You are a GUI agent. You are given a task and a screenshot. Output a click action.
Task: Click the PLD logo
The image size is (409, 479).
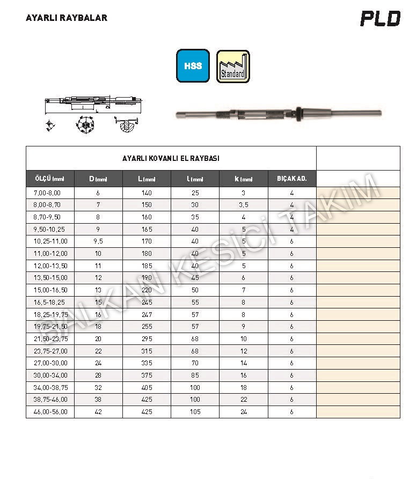pyautogui.click(x=380, y=19)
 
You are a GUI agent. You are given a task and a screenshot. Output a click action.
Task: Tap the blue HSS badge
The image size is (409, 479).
pyautogui.click(x=193, y=66)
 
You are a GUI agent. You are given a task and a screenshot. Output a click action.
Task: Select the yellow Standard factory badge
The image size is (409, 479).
pyautogui.click(x=233, y=67)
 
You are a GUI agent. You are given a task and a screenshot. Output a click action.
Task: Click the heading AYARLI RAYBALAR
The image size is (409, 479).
pyautogui.click(x=67, y=18)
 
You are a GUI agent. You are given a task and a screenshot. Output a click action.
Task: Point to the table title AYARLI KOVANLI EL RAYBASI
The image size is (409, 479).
pyautogui.click(x=171, y=158)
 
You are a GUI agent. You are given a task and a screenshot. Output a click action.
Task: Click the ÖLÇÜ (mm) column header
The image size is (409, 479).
pyautogui.click(x=49, y=179)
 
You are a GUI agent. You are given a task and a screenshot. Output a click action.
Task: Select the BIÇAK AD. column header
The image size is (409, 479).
pyautogui.click(x=291, y=179)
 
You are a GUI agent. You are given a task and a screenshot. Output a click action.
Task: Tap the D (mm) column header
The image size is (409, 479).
pyautogui.click(x=98, y=179)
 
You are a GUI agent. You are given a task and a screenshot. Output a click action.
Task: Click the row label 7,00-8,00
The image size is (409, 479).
pyautogui.click(x=47, y=193)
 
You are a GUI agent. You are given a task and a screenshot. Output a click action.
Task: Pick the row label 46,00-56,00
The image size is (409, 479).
pyautogui.click(x=47, y=412)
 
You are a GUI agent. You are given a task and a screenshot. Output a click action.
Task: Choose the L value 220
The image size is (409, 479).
pyautogui.click(x=147, y=290)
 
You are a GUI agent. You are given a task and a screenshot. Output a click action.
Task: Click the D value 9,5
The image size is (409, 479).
pyautogui.click(x=98, y=241)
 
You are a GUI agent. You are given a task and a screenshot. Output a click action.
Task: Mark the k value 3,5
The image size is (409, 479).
pyautogui.click(x=243, y=205)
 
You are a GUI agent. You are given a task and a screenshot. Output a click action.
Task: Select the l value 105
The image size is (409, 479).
pyautogui.click(x=195, y=412)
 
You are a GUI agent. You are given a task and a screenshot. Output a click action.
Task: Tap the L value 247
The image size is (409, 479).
pyautogui.click(x=147, y=314)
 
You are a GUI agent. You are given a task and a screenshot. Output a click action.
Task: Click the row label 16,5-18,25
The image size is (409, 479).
pyautogui.click(x=47, y=303)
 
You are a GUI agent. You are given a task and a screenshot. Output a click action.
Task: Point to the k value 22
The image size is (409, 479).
pyautogui.click(x=243, y=400)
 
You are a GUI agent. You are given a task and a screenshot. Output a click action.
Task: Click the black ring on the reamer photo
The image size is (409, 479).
pyautogui.click(x=297, y=112)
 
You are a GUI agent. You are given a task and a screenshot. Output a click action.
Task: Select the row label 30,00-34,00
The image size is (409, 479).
pyautogui.click(x=47, y=375)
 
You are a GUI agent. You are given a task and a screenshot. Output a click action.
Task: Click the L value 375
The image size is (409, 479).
pyautogui.click(x=147, y=375)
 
